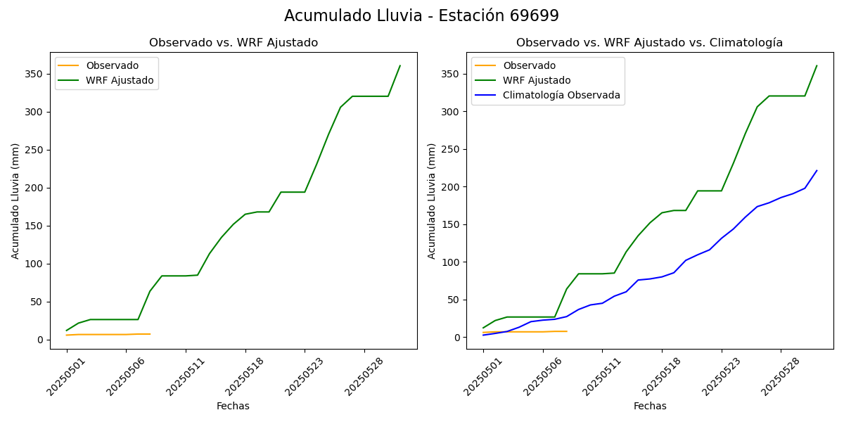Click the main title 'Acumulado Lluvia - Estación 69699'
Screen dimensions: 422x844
click(421, 16)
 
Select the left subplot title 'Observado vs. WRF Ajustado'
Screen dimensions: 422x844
click(234, 43)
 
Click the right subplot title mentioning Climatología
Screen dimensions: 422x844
click(649, 43)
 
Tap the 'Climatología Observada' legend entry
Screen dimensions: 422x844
click(561, 96)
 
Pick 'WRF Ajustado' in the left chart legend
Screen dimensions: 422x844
click(120, 80)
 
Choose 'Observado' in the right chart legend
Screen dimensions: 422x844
click(529, 65)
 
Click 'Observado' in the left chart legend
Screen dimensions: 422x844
click(113, 65)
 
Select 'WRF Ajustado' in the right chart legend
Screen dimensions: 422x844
click(537, 80)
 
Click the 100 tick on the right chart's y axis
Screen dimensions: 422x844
click(452, 262)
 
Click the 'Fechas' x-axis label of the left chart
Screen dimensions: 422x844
click(233, 406)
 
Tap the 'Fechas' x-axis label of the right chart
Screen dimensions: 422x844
click(650, 406)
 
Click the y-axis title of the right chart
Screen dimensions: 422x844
click(432, 200)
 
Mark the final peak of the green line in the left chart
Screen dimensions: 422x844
click(400, 66)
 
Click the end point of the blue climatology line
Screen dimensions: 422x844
click(817, 170)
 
